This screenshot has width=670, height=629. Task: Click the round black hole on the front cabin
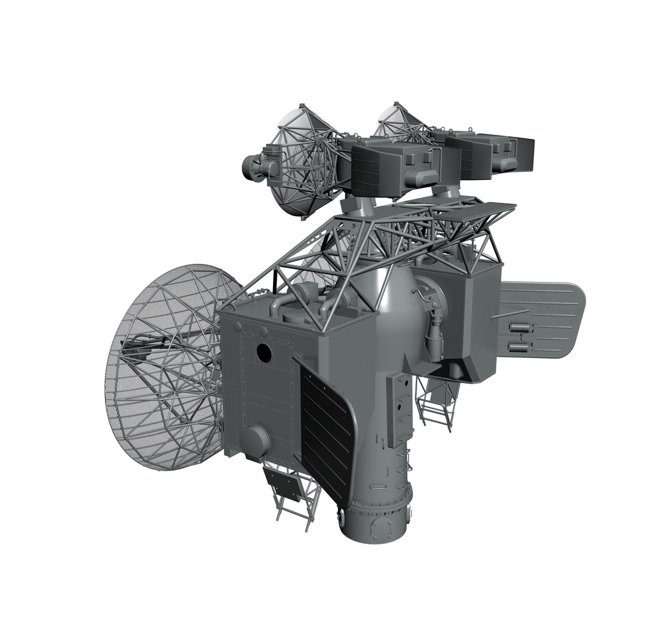[263, 352]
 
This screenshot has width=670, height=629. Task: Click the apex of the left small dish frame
[301, 108]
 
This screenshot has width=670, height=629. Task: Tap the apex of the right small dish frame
[397, 106]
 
